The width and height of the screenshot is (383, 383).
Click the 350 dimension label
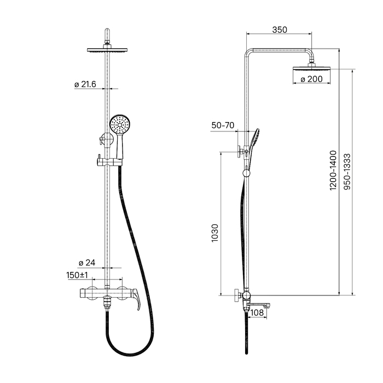[280, 30]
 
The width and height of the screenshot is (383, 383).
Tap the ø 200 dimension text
[311, 79]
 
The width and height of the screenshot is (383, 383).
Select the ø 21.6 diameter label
[85, 84]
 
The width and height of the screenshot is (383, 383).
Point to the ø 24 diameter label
[87, 263]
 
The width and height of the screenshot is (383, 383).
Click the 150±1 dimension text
[77, 275]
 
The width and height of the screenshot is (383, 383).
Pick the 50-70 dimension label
[223, 125]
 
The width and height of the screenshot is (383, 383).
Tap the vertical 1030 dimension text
[214, 233]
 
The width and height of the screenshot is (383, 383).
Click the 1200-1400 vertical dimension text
[333, 170]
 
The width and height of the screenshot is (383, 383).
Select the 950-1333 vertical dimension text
[347, 172]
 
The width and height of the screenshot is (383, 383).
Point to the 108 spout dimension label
[257, 312]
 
